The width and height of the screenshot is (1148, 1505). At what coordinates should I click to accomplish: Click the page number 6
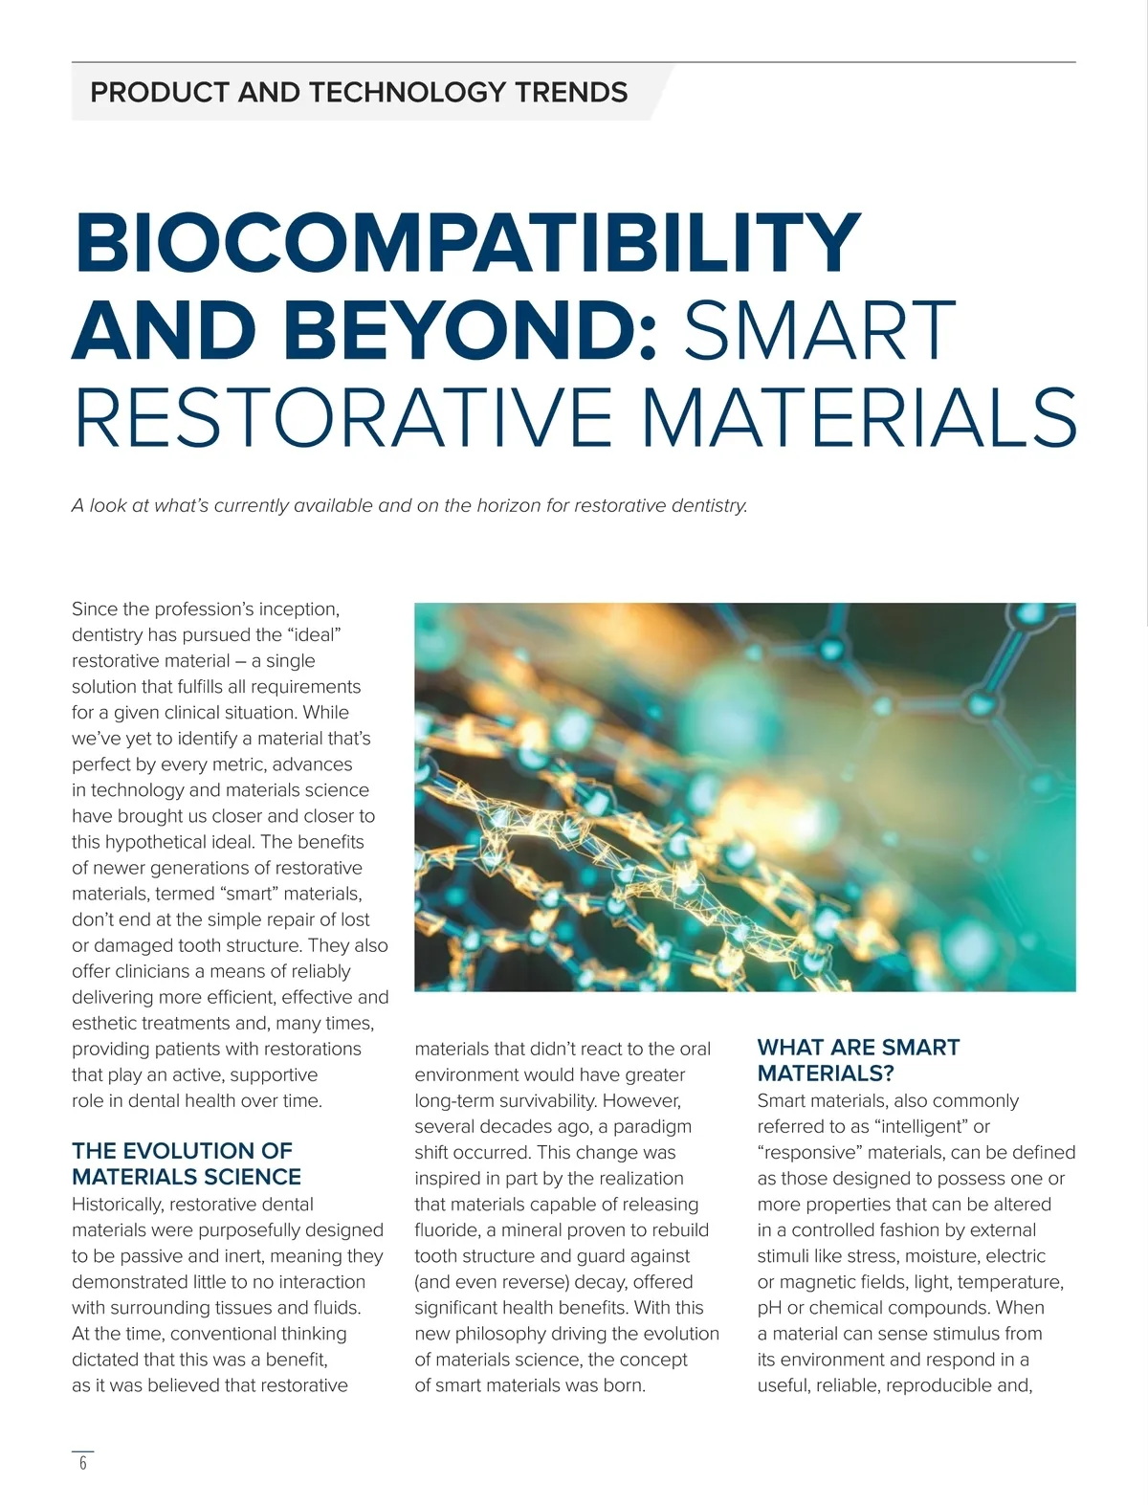tap(83, 1463)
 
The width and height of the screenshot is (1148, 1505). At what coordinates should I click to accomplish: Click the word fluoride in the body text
tap(447, 1230)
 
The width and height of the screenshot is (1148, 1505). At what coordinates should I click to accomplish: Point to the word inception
tap(298, 609)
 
